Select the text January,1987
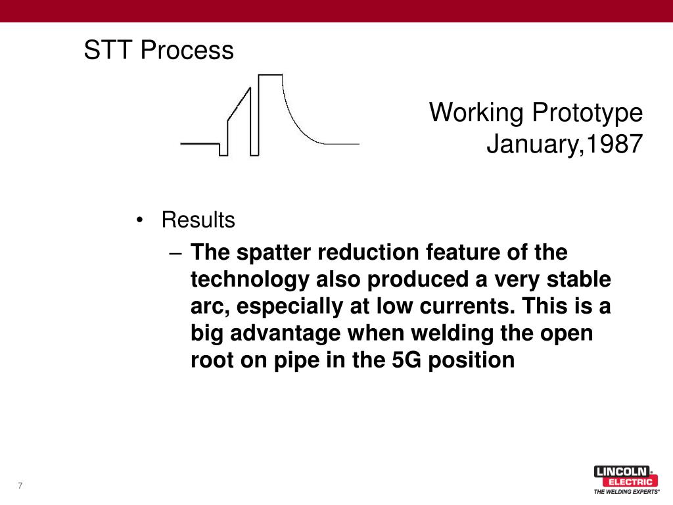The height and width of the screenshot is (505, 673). coord(564,144)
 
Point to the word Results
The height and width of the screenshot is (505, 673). coord(198,220)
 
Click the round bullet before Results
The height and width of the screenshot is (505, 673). coord(139,221)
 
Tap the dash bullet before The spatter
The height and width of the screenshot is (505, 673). coord(174,253)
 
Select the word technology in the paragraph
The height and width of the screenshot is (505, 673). coord(250,279)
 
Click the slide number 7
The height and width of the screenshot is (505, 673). coord(20,486)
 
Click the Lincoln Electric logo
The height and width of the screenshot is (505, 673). coord(624,476)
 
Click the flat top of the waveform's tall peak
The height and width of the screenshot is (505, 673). coord(270,75)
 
